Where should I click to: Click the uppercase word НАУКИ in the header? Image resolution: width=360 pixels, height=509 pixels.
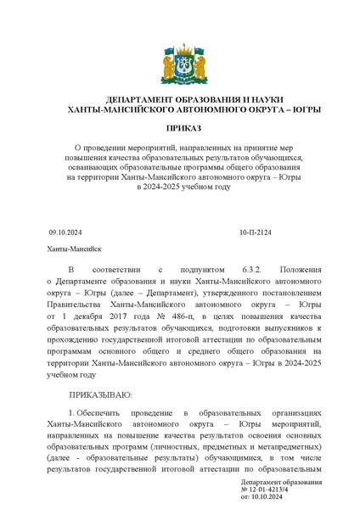pos(258,99)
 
